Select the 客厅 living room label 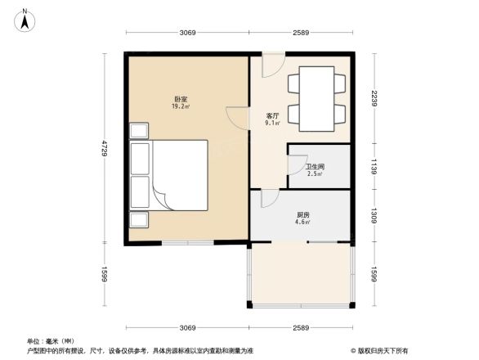(x=273, y=116)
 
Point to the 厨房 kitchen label (x=302, y=214)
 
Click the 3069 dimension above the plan (x=187, y=32)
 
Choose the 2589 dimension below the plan (x=301, y=327)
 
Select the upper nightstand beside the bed (x=138, y=131)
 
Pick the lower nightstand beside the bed (x=138, y=219)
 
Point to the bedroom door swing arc (x=237, y=119)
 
